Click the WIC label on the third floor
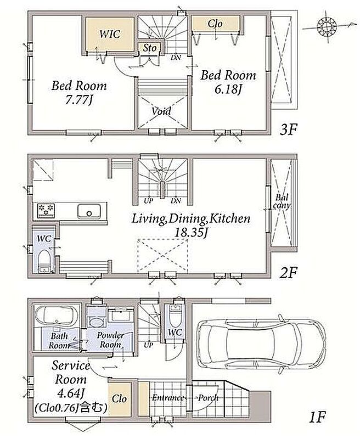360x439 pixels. coord(110,34)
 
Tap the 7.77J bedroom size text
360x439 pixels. coord(78,100)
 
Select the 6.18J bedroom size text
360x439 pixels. coord(228,89)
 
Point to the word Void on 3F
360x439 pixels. coord(161,111)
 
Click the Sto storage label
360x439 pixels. coord(150,48)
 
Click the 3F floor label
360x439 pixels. coord(288,130)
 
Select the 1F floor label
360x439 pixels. coord(317,418)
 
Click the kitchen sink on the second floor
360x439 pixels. coord(89,211)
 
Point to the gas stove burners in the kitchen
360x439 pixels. coord(46,211)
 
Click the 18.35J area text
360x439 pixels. coord(190,232)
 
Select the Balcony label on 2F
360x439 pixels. coord(282,201)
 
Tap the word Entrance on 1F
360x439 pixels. coord(168,397)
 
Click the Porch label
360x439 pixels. coord(209,397)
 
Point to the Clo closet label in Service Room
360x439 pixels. coord(119,399)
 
